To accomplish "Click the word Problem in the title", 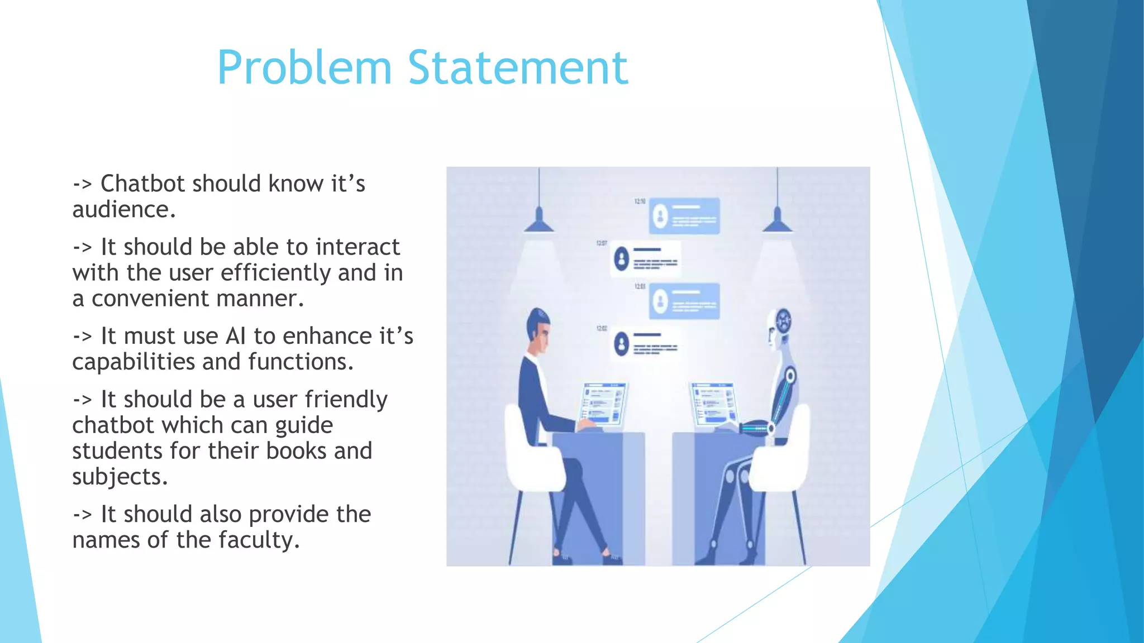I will coord(304,68).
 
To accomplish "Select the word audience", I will coord(123,210).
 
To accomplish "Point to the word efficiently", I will coord(276,273).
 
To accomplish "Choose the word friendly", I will coord(346,400).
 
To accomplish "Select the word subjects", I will coord(120,477).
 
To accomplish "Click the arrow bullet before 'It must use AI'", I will coord(82,336).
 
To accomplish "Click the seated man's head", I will coord(538,329).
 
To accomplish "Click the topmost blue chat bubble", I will coord(684,215).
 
